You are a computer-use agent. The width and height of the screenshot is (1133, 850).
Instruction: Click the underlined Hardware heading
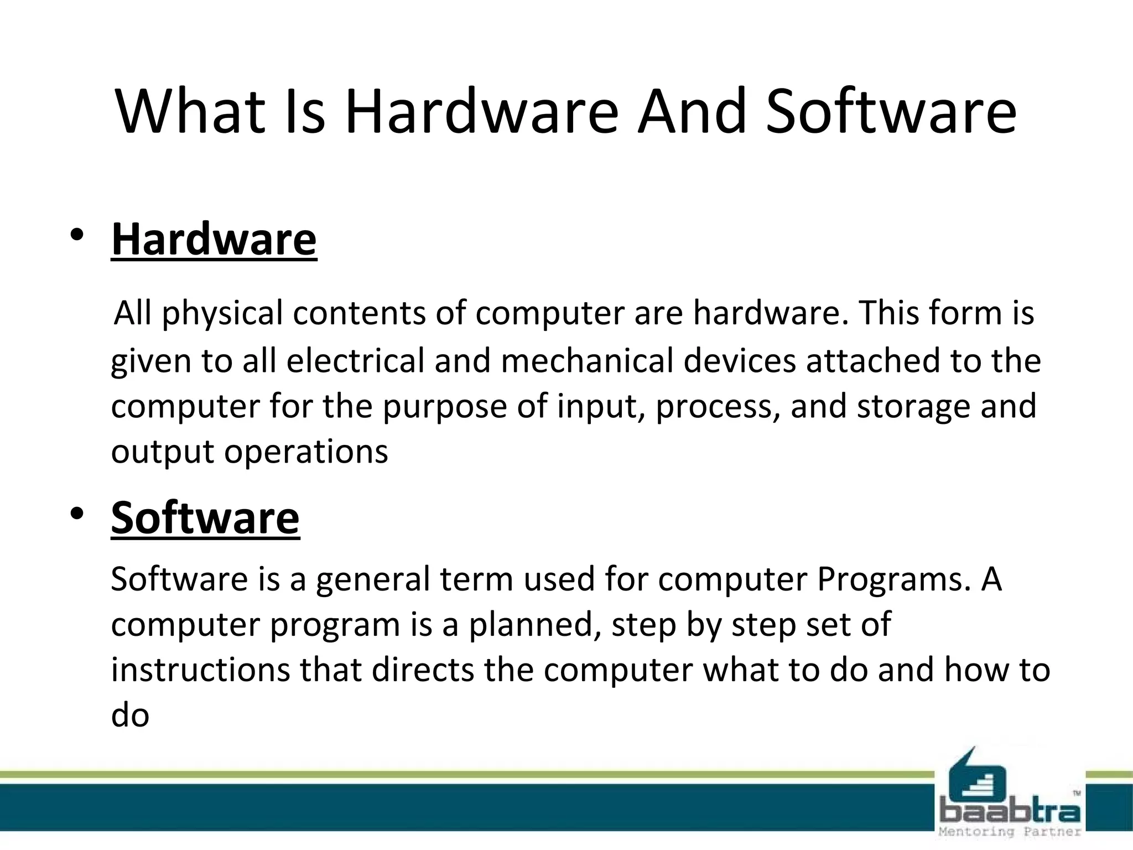[x=214, y=239]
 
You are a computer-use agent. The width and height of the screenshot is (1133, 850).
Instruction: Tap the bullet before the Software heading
[x=77, y=514]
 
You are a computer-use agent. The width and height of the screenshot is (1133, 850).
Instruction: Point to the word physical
[x=222, y=314]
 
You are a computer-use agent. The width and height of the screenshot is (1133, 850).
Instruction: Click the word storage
[x=913, y=407]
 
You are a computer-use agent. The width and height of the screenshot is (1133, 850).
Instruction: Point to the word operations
[x=306, y=452]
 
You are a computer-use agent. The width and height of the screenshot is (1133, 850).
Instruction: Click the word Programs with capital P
[x=893, y=579]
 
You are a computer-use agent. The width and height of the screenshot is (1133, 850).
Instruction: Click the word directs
[x=423, y=670]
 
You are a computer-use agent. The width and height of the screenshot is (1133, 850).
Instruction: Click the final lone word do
[x=130, y=716]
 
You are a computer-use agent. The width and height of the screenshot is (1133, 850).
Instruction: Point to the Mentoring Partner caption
[x=1010, y=832]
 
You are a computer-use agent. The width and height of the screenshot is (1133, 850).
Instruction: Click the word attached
[x=873, y=361]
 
